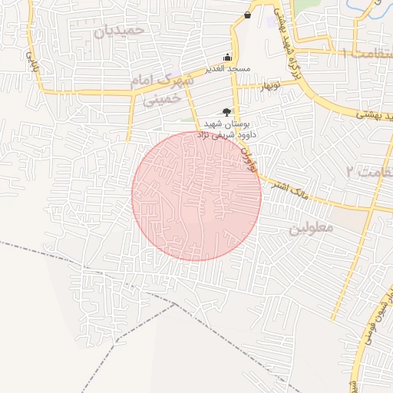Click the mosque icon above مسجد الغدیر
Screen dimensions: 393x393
[x=227, y=58]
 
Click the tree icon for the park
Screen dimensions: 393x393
[x=226, y=112]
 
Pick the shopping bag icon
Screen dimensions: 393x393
[x=247, y=15]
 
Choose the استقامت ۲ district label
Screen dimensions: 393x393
[x=368, y=170]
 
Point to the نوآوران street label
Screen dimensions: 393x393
[x=246, y=154]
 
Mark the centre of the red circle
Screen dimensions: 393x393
[x=196, y=196]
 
